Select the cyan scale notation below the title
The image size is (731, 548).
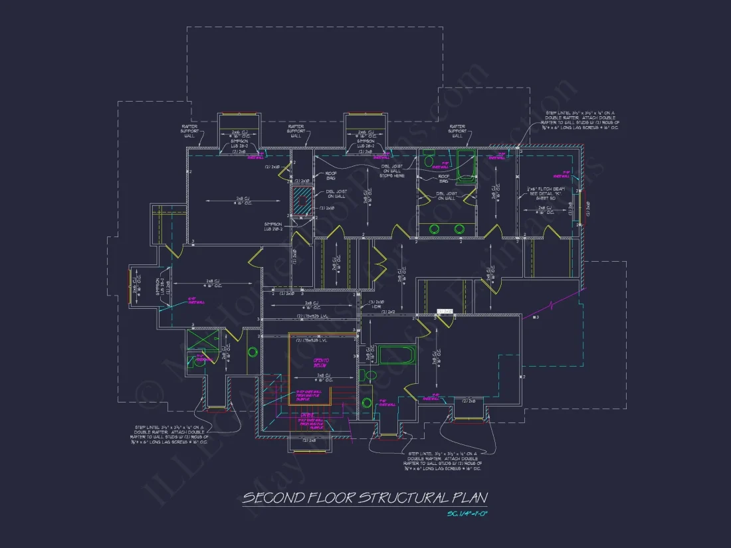[468, 514]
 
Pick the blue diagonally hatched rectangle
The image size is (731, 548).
[302, 200]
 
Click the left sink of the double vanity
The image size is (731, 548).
[435, 229]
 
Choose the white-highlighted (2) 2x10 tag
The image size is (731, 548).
[445, 311]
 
